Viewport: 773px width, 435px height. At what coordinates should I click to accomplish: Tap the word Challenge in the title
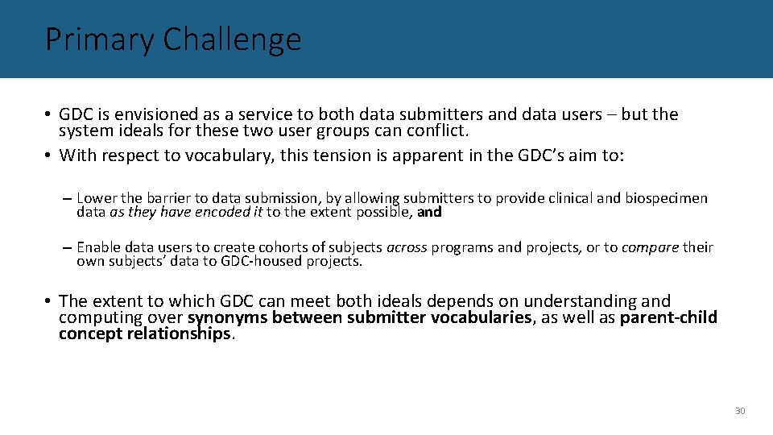pyautogui.click(x=232, y=39)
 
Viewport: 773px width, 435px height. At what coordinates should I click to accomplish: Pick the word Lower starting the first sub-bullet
pyautogui.click(x=97, y=198)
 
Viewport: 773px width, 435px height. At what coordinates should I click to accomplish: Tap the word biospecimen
pyautogui.click(x=667, y=198)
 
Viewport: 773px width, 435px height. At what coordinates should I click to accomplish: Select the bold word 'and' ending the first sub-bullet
pyautogui.click(x=429, y=213)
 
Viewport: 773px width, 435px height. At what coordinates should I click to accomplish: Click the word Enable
pyautogui.click(x=99, y=247)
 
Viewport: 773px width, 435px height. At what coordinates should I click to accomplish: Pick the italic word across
pyautogui.click(x=407, y=247)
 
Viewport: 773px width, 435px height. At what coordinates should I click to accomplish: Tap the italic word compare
pyautogui.click(x=651, y=247)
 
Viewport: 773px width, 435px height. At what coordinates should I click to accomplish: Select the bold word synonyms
pyautogui.click(x=228, y=317)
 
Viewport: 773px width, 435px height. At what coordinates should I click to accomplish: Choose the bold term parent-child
pyautogui.click(x=668, y=317)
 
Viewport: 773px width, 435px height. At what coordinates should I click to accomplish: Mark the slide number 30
pyautogui.click(x=740, y=411)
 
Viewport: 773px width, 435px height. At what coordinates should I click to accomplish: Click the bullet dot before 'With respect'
pyautogui.click(x=49, y=155)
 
